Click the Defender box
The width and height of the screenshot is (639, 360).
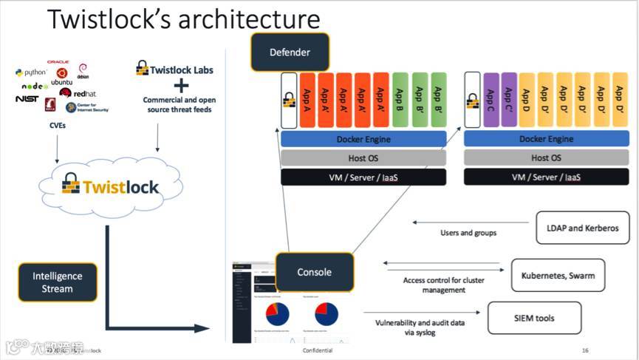(290, 52)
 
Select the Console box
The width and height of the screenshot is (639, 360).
(314, 272)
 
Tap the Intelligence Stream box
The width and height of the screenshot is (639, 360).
(58, 282)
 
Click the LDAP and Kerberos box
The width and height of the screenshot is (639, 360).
(583, 228)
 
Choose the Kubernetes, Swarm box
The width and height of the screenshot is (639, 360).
(558, 275)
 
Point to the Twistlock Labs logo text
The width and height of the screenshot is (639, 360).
(174, 70)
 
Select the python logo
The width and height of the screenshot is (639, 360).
(31, 72)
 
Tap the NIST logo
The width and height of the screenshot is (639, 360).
(27, 98)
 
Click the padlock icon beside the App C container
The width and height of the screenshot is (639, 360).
(473, 101)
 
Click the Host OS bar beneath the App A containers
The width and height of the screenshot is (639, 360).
(363, 157)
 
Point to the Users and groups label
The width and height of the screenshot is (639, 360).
(468, 233)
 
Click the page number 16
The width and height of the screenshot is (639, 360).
(585, 350)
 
